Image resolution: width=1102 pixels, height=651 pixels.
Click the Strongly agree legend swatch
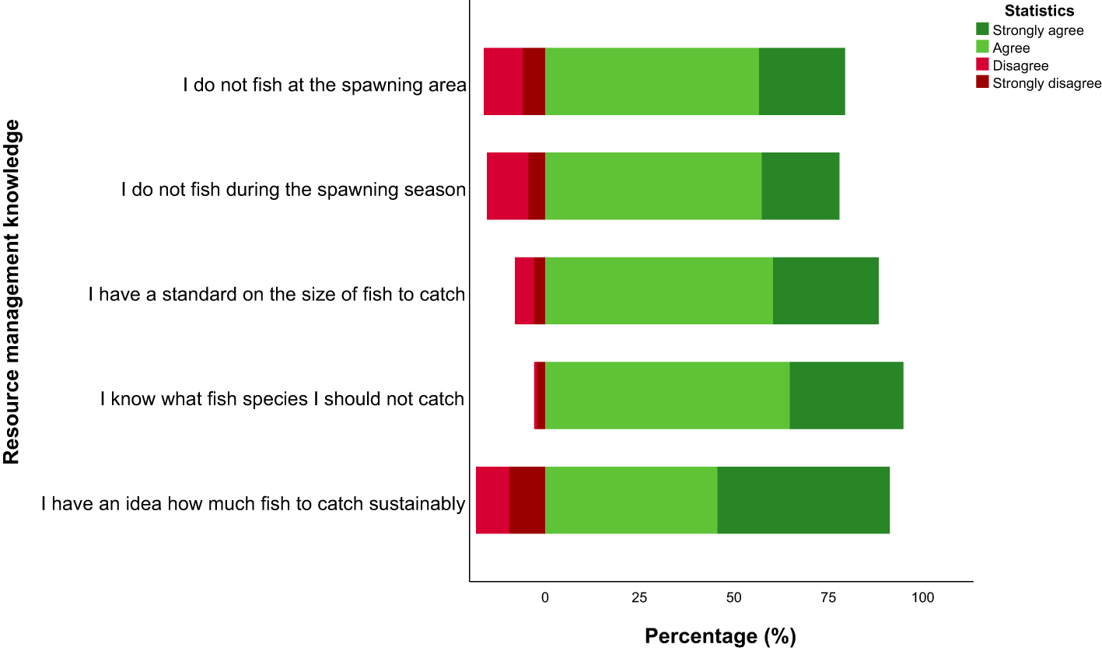(983, 30)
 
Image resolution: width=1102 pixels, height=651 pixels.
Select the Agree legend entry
(1011, 48)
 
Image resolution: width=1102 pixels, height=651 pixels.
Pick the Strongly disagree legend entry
(1047, 83)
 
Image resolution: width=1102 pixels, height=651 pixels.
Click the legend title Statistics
(1039, 11)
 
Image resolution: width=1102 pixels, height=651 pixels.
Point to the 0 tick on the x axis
(545, 597)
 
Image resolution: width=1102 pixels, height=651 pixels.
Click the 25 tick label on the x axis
(639, 597)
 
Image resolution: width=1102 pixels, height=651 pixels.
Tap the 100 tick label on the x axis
(922, 597)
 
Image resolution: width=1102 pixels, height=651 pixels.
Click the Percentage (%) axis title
(720, 636)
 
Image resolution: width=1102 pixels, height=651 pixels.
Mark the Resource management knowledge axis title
(12, 292)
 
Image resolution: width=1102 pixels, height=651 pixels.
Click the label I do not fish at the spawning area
(324, 85)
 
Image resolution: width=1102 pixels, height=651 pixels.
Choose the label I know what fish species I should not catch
(282, 400)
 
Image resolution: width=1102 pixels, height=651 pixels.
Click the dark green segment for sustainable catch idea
(803, 500)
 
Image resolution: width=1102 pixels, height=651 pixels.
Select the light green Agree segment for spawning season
(653, 186)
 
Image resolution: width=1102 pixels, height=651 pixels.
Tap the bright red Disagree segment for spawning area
(503, 82)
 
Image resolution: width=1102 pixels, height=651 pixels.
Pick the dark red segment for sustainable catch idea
(527, 500)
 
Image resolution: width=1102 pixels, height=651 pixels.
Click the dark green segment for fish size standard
(826, 291)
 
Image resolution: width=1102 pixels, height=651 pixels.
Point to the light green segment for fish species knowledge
(667, 395)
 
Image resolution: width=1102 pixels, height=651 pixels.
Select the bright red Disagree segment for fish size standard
(524, 291)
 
